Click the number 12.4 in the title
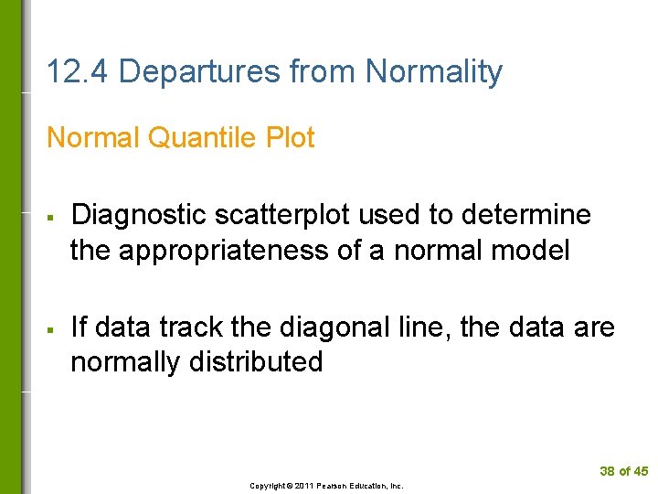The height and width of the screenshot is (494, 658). [x=78, y=71]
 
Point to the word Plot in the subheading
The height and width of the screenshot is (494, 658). [x=291, y=138]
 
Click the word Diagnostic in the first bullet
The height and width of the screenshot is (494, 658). [x=138, y=216]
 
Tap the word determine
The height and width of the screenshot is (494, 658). [x=527, y=216]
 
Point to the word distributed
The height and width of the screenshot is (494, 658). [x=256, y=362]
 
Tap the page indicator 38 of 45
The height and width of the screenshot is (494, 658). [x=623, y=471]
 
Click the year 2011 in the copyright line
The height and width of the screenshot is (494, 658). [x=303, y=486]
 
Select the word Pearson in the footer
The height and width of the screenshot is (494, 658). [x=331, y=486]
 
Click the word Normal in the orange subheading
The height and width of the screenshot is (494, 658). [x=92, y=138]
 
